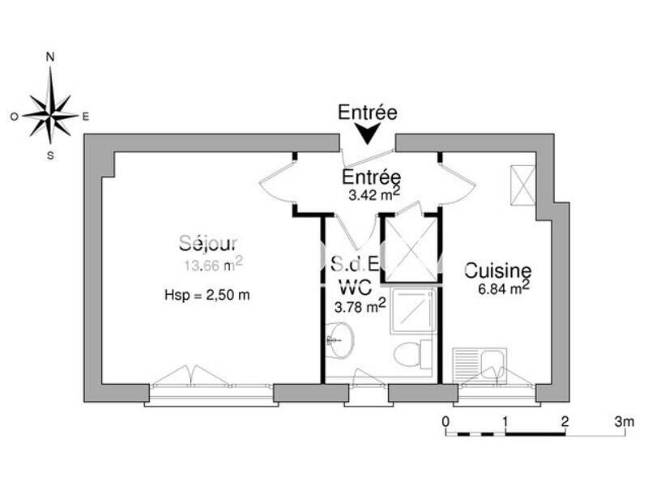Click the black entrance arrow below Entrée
[369, 133]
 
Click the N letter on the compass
[50, 58]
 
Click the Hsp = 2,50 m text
[207, 296]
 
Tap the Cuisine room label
[497, 271]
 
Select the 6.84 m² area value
[503, 289]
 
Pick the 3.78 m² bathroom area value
[359, 305]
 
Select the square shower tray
[413, 311]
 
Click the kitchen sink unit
[480, 364]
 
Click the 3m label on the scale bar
[624, 421]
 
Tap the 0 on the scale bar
[446, 421]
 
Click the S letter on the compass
[50, 156]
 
